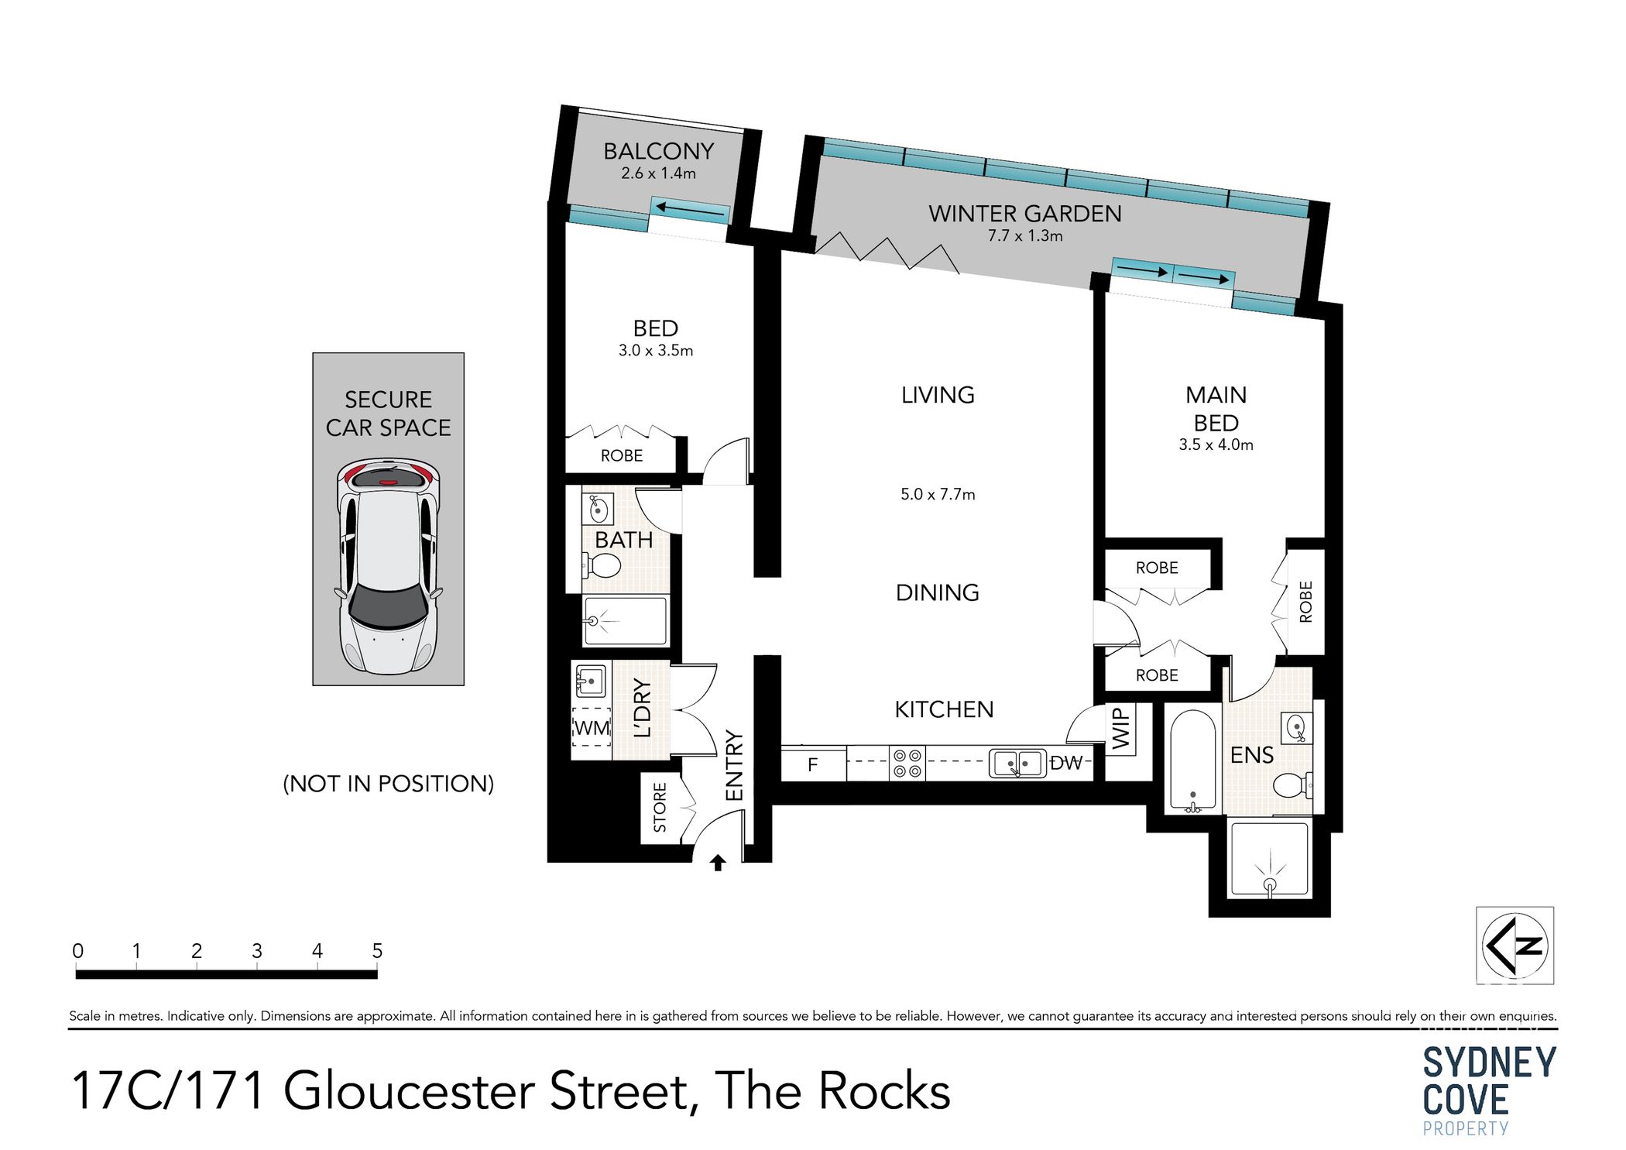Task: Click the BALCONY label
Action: pos(658,151)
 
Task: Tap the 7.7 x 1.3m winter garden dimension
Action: pos(1024,236)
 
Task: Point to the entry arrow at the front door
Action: pos(718,863)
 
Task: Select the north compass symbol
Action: pos(1515,946)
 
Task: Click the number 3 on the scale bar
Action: pos(257,951)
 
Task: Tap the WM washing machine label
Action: pos(592,728)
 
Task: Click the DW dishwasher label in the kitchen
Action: pos(1065,764)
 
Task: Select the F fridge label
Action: pos(812,765)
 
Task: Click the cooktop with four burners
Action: pos(907,764)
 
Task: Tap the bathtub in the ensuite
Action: pos(1192,761)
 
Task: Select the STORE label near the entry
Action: pos(660,808)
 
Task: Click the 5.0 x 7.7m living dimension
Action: pos(937,494)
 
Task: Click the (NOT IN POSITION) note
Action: pos(388,784)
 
